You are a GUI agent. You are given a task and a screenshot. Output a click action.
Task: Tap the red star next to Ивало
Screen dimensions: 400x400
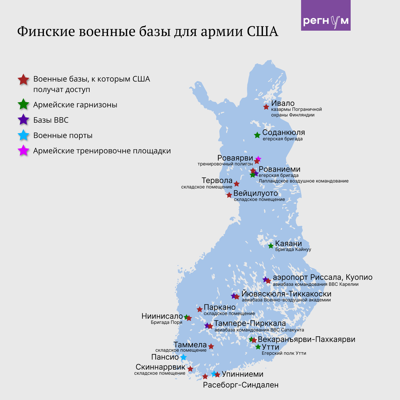click(266, 107)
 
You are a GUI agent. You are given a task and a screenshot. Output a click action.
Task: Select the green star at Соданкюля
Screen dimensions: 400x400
click(257, 135)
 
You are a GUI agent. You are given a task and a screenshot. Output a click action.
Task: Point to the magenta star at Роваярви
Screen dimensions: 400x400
click(258, 158)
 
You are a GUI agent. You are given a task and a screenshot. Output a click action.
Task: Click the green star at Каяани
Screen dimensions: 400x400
click(271, 246)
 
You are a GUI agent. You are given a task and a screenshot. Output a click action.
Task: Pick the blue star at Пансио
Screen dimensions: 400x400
click(183, 357)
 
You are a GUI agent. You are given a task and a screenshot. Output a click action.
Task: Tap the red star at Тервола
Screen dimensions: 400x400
click(236, 184)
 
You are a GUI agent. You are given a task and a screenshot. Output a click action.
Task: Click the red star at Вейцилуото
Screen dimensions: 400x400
click(229, 195)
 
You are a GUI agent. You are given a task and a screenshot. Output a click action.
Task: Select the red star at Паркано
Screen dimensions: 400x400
click(200, 309)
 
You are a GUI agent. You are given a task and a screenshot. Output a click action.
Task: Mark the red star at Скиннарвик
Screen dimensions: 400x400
click(190, 369)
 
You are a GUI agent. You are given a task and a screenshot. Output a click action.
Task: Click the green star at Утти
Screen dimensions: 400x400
click(258, 347)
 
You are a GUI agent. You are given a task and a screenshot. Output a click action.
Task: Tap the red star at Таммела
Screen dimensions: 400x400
click(211, 346)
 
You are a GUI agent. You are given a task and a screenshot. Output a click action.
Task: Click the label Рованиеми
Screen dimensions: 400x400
click(279, 169)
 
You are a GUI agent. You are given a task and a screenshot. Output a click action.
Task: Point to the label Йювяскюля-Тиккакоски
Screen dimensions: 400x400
click(286, 294)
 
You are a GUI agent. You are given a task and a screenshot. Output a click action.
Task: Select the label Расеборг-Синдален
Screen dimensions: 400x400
click(241, 385)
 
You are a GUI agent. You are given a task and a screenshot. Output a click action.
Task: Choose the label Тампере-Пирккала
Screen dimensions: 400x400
click(250, 323)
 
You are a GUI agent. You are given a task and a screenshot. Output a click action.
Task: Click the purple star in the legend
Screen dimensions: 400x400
click(23, 120)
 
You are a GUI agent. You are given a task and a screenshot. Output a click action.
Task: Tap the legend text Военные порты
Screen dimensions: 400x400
click(63, 135)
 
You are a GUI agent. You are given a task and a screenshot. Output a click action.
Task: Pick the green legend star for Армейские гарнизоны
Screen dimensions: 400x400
click(23, 105)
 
